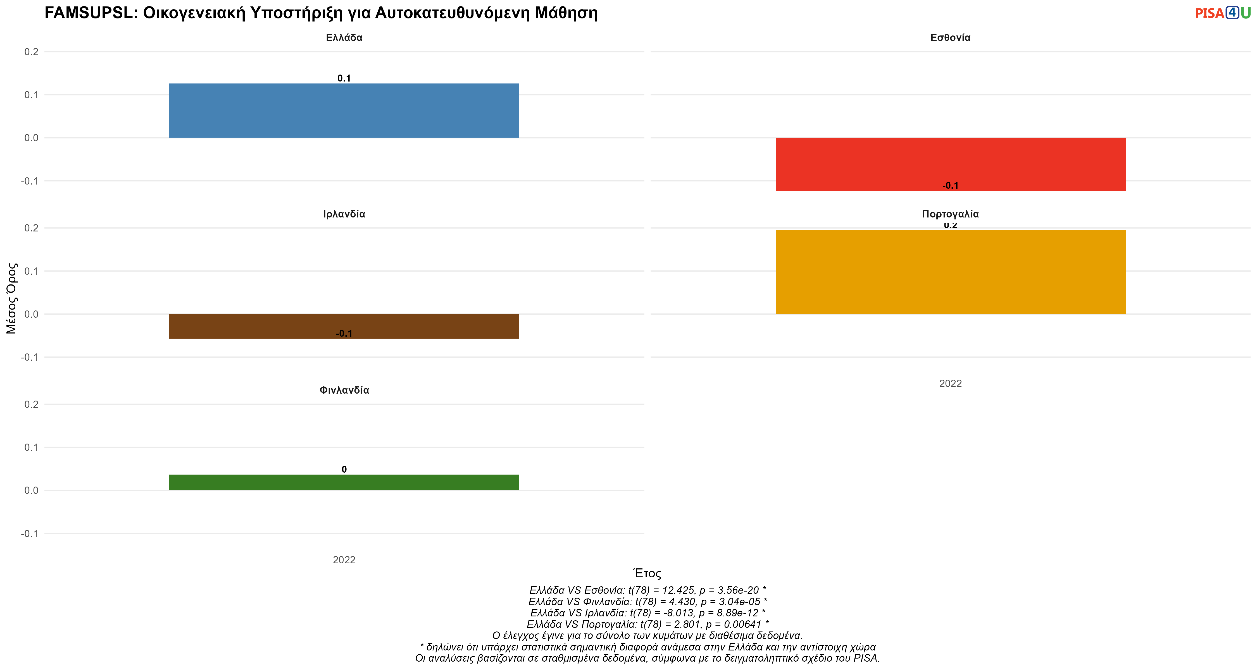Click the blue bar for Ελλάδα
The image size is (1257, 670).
[344, 111]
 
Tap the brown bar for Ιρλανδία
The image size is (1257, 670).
[344, 326]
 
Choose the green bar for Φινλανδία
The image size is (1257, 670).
[344, 482]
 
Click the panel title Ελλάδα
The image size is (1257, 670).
[344, 37]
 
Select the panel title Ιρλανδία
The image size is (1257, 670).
[344, 214]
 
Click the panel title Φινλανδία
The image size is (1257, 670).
[344, 390]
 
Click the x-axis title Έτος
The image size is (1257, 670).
[647, 573]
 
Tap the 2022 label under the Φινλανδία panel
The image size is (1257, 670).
[344, 560]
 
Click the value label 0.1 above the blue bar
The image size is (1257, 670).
[344, 78]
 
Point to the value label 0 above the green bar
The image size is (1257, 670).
[344, 469]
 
